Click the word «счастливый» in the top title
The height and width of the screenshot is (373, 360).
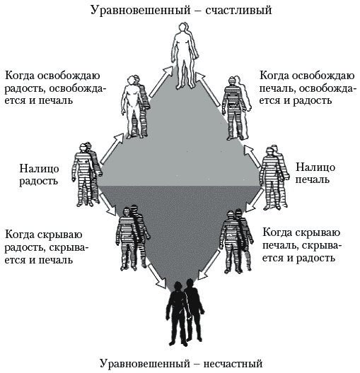(238, 11)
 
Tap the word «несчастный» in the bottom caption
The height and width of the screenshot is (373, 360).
(233, 364)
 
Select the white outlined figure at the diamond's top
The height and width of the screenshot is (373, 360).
(185, 55)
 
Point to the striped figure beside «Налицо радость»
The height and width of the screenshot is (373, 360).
(86, 175)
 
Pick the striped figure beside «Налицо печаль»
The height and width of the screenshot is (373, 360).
(274, 177)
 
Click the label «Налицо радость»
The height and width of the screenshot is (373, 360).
(39, 174)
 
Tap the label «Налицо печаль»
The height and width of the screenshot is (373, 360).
(315, 173)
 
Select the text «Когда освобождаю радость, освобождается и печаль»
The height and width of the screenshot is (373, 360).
(54, 88)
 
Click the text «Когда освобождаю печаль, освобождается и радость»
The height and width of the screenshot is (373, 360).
(307, 88)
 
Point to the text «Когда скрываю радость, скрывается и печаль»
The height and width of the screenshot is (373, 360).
(47, 247)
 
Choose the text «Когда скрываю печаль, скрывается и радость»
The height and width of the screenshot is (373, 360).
(301, 245)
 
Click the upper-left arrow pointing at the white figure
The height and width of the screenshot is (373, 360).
(161, 82)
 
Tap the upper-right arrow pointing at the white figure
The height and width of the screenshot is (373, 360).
(208, 89)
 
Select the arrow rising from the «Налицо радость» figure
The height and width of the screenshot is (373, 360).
(112, 149)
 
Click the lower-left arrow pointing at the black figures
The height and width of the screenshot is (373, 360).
(157, 276)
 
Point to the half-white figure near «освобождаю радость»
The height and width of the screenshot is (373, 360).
(135, 107)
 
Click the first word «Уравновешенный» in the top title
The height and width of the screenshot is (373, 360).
(141, 11)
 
